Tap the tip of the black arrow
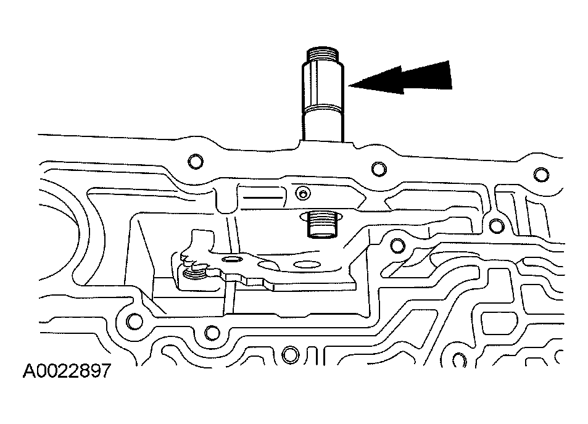[x=350, y=86]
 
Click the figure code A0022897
[x=67, y=370]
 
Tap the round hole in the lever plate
[x=233, y=260]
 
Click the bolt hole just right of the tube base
[x=376, y=167]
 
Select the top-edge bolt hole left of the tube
[x=195, y=162]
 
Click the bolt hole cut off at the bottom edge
[x=288, y=355]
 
